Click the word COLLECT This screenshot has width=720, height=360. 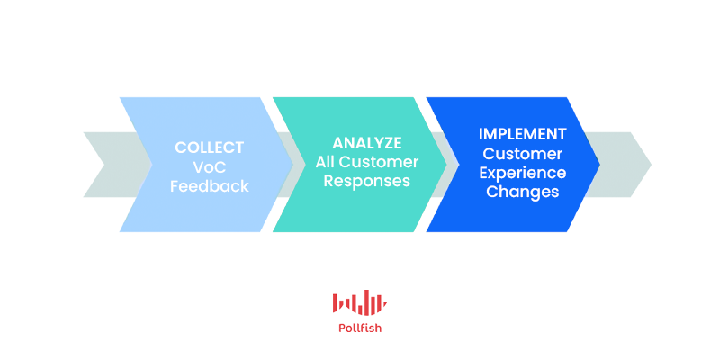[x=210, y=148]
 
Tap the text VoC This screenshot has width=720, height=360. [x=210, y=167]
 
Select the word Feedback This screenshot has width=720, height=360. [x=210, y=186]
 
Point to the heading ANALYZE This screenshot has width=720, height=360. [x=367, y=143]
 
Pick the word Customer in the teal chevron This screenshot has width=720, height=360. [x=379, y=162]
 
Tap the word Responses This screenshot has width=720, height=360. [x=367, y=181]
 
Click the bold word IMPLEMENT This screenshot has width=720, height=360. [x=523, y=134]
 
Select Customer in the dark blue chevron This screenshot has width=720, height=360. [x=523, y=153]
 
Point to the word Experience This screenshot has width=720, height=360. [x=523, y=173]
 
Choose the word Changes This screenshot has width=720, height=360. [x=523, y=192]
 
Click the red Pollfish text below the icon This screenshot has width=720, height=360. [x=360, y=328]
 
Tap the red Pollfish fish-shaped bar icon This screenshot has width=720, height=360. [x=360, y=302]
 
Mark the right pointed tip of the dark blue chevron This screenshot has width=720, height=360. [x=599, y=165]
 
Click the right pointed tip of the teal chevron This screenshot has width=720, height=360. [x=446, y=165]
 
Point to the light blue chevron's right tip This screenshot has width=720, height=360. [x=293, y=165]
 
